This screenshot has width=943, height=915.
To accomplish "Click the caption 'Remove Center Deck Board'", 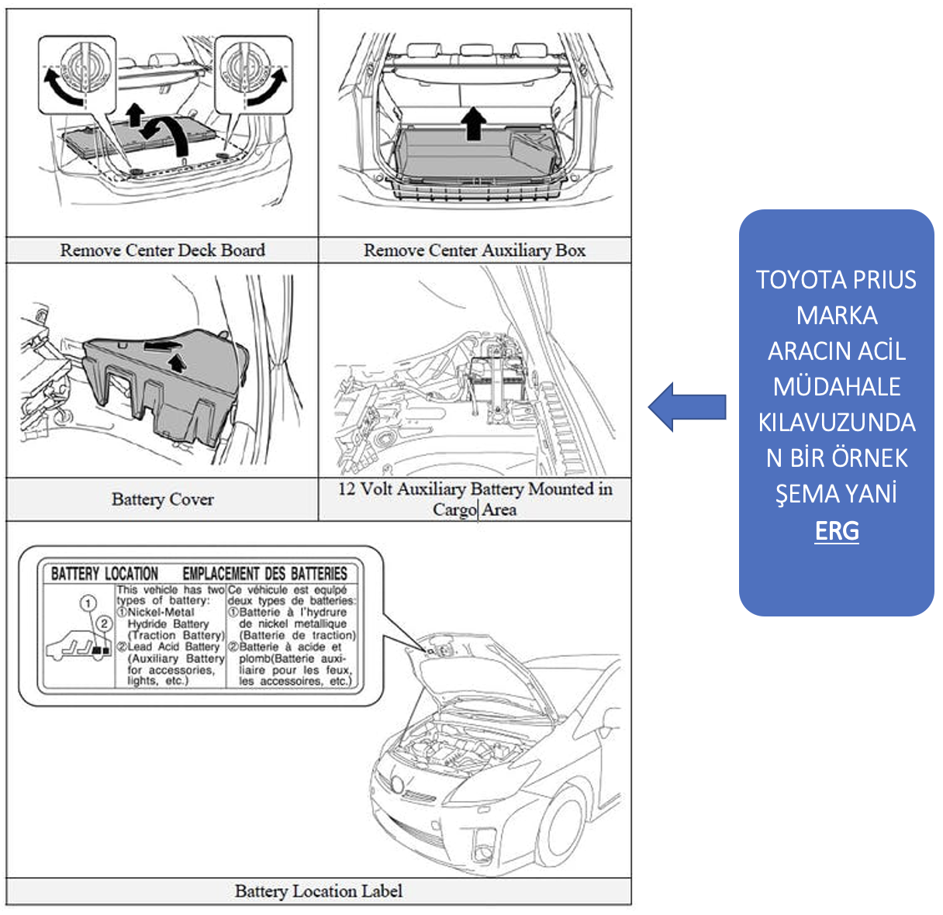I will pos(162,250).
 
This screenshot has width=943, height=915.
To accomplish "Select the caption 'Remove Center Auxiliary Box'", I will pos(474,250).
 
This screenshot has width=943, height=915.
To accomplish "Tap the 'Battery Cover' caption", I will pos(162,499).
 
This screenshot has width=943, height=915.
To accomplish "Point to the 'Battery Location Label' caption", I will pos(318,892).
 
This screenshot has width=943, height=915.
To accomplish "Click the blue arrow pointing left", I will pos(687,407).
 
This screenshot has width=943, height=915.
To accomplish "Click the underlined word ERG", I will pos(837,531).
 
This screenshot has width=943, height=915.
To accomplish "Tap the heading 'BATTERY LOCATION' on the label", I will pos(105,574).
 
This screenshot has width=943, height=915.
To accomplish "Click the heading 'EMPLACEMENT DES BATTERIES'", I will pos(264,574).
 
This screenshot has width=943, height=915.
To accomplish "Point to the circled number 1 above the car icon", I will pos(88,603).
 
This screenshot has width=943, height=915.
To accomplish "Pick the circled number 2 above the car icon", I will pos(105,624).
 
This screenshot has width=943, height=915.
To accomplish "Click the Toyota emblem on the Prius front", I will pos(396,784).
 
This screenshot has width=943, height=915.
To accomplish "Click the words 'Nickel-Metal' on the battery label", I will pos(161,613).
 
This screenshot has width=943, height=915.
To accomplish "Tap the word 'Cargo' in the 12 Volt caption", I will pos(454,509).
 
